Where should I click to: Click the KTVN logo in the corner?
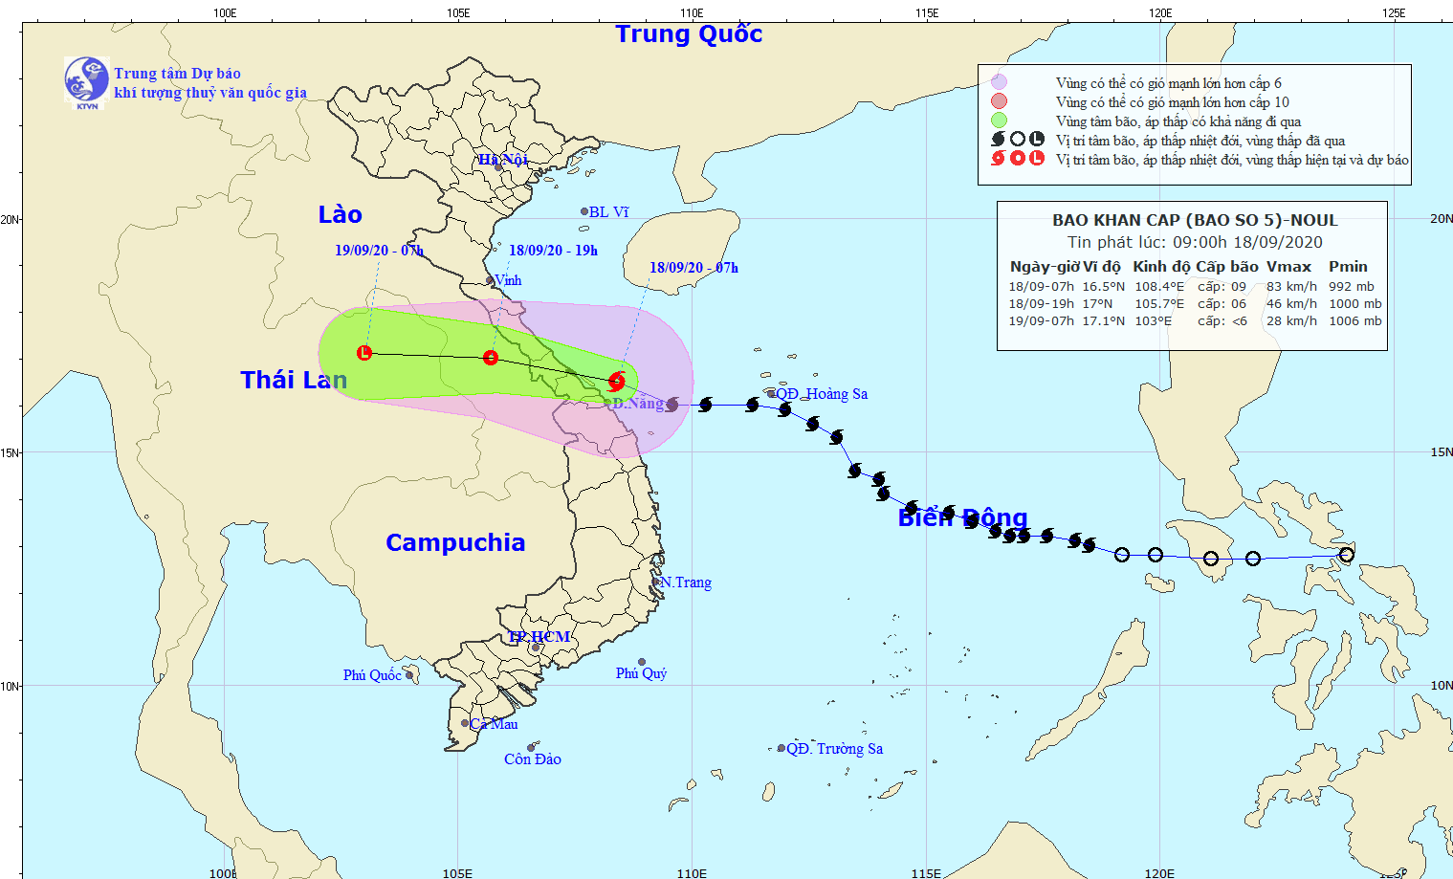point(86,79)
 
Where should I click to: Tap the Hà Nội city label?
point(503,160)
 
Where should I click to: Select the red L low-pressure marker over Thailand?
point(363,353)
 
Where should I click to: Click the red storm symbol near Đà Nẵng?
point(616,382)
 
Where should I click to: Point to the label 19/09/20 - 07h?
point(379,251)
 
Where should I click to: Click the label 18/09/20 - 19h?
point(553,251)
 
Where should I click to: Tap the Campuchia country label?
point(455,542)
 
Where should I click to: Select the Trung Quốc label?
point(689,34)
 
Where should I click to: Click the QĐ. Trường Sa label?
point(834,749)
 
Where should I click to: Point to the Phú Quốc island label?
point(372,675)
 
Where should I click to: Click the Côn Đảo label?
point(533,759)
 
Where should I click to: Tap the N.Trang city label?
point(686,582)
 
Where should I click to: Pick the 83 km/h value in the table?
point(1291,286)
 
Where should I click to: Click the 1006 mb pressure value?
point(1354,321)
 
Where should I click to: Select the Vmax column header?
point(1288,267)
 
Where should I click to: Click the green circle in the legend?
point(999,121)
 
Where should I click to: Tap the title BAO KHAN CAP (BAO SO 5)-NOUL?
point(1195,220)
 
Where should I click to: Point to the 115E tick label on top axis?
point(926,12)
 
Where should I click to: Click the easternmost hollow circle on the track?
point(1347,555)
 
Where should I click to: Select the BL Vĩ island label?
point(608,212)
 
